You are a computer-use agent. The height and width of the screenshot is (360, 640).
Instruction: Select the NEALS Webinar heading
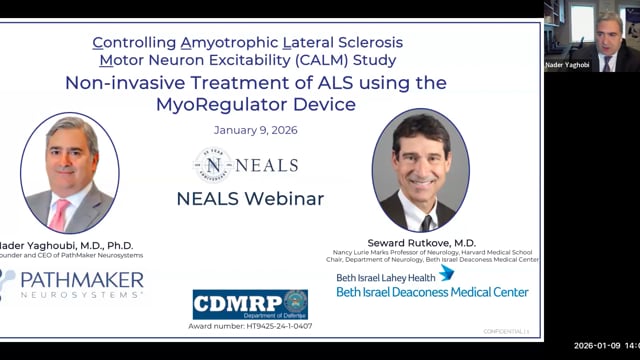(250, 198)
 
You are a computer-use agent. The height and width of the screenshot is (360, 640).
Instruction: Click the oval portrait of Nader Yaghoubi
(70, 173)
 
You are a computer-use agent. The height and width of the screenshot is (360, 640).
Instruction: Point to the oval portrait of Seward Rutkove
(420, 170)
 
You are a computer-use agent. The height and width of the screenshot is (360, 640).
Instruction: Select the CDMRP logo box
(250, 304)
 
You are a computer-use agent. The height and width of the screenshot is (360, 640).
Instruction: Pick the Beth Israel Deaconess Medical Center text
(432, 293)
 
